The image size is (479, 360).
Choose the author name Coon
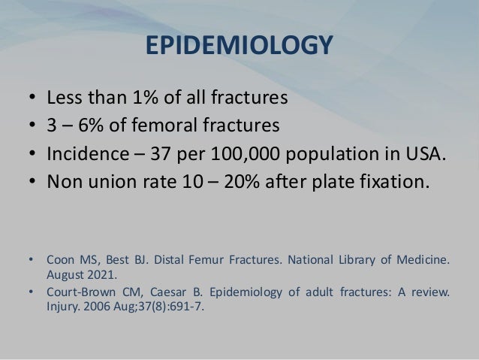coord(60,262)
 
